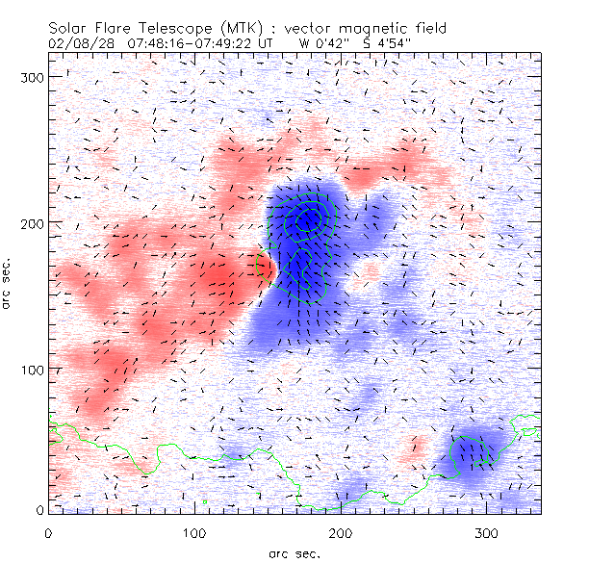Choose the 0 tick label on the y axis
coord(40,509)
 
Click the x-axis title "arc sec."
coord(294,552)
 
